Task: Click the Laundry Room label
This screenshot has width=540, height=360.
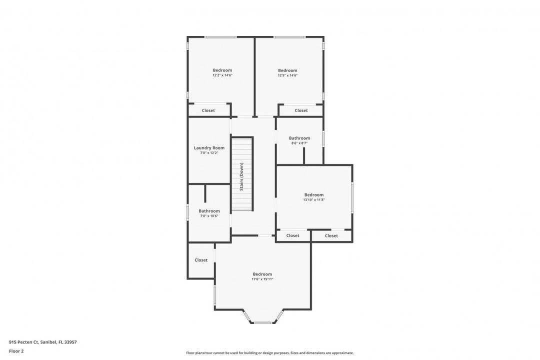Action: point(209,148)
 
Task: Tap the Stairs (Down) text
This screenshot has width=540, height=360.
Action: point(241,176)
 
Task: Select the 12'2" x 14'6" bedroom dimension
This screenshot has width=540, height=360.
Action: point(222,75)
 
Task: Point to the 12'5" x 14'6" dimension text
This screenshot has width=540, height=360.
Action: point(287,75)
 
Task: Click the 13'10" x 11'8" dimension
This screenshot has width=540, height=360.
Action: point(314,200)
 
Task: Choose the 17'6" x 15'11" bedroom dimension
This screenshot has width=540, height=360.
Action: point(262,279)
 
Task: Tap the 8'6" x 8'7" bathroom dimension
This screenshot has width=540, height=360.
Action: point(299,143)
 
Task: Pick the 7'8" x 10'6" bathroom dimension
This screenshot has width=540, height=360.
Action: point(209,216)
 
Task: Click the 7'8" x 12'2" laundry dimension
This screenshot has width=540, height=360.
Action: point(209,153)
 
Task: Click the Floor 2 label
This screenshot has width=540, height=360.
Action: point(16,351)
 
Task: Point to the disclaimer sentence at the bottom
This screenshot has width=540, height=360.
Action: point(270,353)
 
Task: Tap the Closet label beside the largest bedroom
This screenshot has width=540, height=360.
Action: point(201,260)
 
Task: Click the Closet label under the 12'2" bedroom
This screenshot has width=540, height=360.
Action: point(208,110)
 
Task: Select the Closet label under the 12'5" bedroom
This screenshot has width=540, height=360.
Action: point(301,110)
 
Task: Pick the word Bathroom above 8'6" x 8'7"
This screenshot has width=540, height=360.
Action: point(299,138)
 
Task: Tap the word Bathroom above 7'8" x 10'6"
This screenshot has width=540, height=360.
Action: point(209,211)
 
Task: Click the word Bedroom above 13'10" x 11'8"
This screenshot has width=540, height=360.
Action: point(314,195)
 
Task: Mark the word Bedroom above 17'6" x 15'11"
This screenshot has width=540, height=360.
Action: point(262,274)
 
